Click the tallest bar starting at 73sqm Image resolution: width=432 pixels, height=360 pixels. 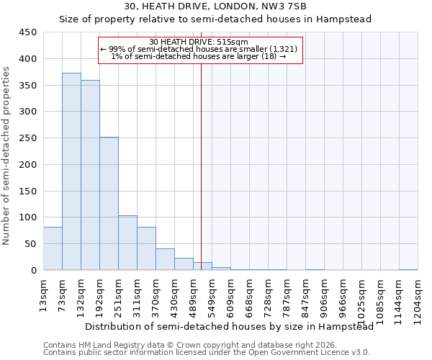(x=71, y=171)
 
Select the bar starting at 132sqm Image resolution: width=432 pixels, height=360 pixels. (x=90, y=175)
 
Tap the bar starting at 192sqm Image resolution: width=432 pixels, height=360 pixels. (x=109, y=204)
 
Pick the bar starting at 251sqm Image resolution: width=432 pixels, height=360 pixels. (x=127, y=243)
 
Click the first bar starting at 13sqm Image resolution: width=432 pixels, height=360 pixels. (x=53, y=248)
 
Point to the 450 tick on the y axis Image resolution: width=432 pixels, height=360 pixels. (x=27, y=32)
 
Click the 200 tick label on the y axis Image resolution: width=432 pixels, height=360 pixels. (x=27, y=165)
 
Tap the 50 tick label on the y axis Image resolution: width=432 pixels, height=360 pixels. (x=30, y=244)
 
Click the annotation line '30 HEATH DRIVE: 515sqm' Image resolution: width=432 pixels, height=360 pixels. (x=200, y=42)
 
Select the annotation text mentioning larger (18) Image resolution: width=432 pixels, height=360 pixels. (x=200, y=57)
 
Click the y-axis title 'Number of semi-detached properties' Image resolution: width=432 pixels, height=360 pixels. (x=6, y=156)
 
